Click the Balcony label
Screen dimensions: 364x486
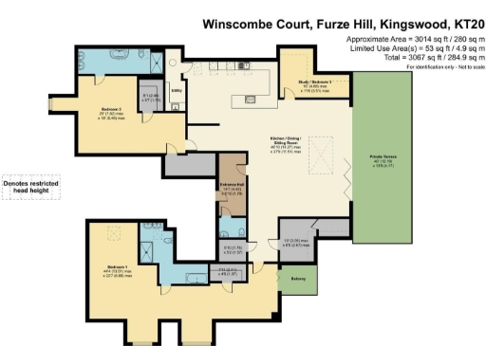[x=297, y=278]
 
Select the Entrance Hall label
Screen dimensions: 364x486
[x=232, y=187]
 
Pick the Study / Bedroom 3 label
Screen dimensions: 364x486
[x=318, y=82]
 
